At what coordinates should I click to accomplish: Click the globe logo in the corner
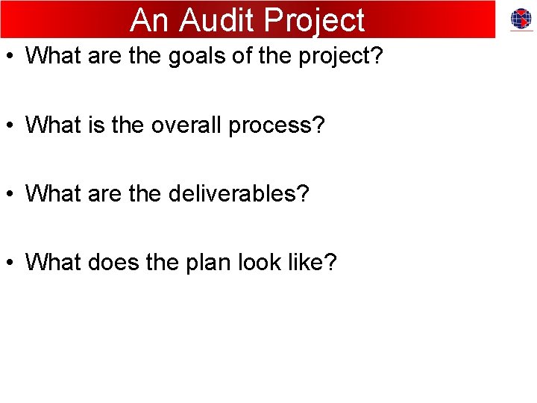(x=521, y=19)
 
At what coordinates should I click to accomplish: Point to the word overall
(x=185, y=125)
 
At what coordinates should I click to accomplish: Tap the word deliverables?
(x=239, y=194)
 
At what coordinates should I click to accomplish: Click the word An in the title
(x=150, y=20)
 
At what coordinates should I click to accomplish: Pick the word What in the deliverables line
(x=53, y=194)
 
